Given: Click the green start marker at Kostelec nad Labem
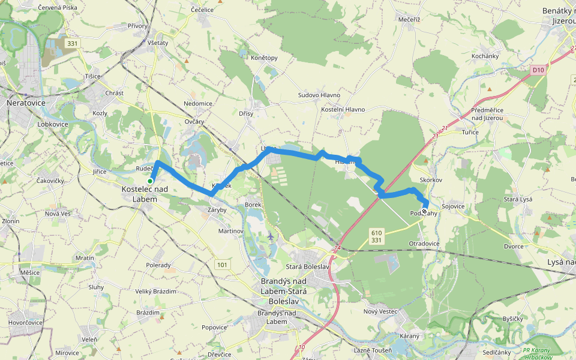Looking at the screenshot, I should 150,181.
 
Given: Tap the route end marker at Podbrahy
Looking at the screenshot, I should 424,211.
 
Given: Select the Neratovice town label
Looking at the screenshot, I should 26,103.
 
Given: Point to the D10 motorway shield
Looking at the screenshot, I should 538,70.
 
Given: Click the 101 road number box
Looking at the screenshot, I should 223,264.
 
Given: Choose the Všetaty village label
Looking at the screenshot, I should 157,43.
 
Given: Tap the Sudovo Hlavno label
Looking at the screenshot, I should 319,95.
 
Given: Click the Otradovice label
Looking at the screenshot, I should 424,244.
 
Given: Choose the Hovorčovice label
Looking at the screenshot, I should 24,322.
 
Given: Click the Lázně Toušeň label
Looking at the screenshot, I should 373,350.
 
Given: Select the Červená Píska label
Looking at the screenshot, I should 57,8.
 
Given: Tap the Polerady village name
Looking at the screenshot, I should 158,265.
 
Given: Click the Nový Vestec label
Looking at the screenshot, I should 380,311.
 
